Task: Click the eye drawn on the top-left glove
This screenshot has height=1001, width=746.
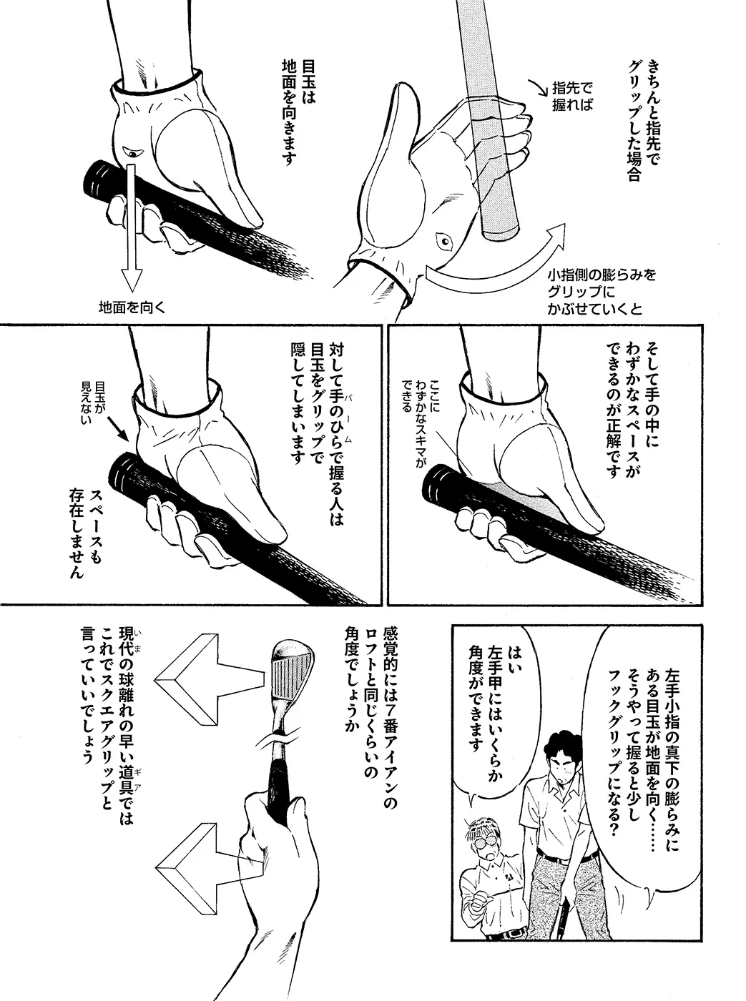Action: [x=133, y=152]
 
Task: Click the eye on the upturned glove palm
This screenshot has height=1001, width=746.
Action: [x=445, y=242]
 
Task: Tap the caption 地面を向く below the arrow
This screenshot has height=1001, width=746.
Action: [x=132, y=307]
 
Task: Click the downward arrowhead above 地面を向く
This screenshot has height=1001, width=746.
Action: [x=132, y=280]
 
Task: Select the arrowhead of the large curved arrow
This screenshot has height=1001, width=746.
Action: [x=554, y=237]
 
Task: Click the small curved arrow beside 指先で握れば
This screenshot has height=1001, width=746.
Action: [x=537, y=89]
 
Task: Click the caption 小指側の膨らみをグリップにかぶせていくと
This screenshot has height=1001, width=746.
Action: [x=601, y=292]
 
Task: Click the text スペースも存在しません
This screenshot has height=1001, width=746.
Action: [x=86, y=533]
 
